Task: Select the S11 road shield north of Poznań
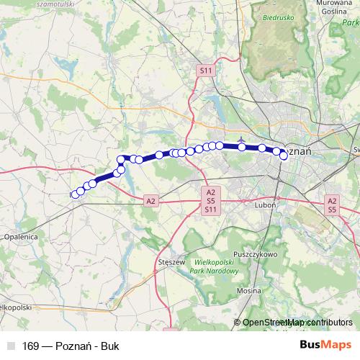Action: pyautogui.click(x=206, y=70)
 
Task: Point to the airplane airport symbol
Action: pyautogui.click(x=240, y=140)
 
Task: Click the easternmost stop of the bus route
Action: pyautogui.click(x=284, y=156)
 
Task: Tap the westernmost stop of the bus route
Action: pyautogui.click(x=75, y=194)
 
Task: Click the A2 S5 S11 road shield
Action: pyautogui.click(x=210, y=201)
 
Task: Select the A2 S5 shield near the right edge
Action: pyautogui.click(x=332, y=205)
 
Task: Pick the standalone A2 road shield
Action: pyautogui.click(x=150, y=201)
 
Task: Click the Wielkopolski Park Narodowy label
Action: pyautogui.click(x=215, y=267)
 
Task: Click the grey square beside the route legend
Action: pyautogui.click(x=11, y=346)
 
